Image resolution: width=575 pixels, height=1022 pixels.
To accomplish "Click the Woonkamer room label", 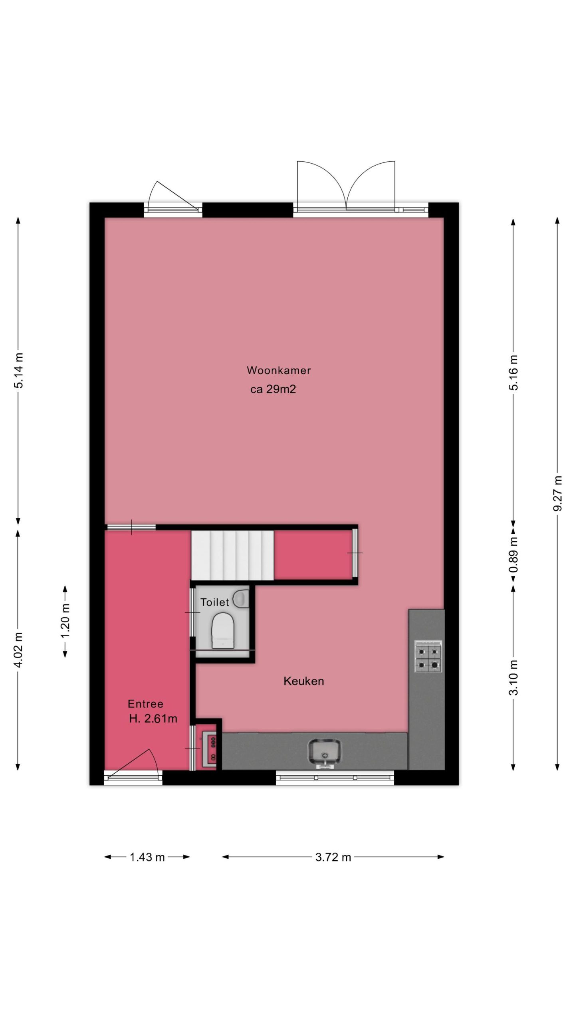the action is tap(278, 370).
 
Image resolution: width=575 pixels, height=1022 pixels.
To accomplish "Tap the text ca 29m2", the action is tap(273, 389).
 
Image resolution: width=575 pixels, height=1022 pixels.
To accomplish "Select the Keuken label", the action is tap(303, 681).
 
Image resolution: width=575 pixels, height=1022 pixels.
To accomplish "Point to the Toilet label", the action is tap(215, 602).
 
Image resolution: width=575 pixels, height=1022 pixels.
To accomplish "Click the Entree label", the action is tap(145, 704).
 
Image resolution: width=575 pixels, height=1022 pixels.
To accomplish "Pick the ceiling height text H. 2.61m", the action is tap(153, 719).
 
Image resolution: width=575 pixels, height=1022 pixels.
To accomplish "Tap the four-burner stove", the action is tap(428, 656).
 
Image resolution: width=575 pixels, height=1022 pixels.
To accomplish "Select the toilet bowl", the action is tap(222, 630).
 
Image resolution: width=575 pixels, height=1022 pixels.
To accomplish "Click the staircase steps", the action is tap(232, 555).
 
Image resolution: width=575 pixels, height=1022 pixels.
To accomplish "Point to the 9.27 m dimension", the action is tap(558, 493).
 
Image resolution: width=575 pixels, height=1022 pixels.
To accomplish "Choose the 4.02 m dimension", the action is tap(18, 650).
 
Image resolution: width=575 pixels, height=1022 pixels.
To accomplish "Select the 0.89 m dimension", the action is tap(514, 555).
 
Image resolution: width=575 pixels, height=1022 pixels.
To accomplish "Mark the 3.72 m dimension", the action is tap(333, 857).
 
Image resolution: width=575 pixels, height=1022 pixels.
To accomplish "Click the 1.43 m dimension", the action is tap(147, 857).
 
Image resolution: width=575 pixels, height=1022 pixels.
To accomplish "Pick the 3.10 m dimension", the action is tap(514, 677).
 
